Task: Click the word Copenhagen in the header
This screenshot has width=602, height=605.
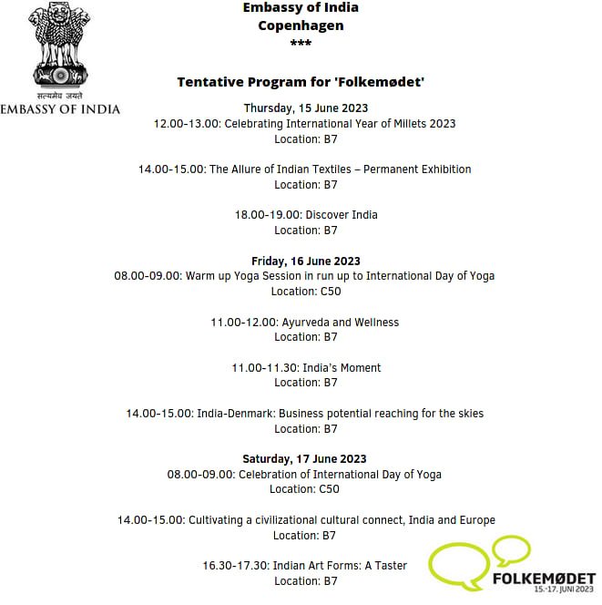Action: point(301,26)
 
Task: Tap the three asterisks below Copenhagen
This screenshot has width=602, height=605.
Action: point(301,44)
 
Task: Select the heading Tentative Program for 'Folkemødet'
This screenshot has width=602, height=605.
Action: point(301,82)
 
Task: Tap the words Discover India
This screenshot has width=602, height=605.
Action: point(342,215)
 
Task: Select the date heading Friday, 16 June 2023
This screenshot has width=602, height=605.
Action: point(306,261)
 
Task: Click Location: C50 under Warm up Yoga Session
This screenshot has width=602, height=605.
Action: point(305,292)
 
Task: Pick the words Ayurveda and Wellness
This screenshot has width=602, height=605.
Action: point(341,322)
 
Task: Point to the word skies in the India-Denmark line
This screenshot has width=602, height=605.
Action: point(469,414)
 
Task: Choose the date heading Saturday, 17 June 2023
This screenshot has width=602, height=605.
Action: point(304,459)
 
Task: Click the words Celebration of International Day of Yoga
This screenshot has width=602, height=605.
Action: point(341,475)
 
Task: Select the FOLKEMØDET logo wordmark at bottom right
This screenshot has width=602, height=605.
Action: point(544,579)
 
